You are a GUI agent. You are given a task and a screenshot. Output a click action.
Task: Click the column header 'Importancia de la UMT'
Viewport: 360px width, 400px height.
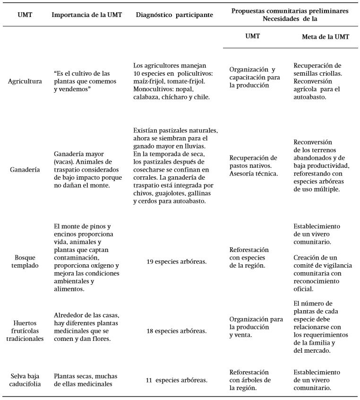point(87,15)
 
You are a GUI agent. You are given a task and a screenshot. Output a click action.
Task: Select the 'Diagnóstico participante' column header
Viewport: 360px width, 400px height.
point(174,15)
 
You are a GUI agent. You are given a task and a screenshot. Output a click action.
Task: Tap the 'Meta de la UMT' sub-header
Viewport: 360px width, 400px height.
point(325,36)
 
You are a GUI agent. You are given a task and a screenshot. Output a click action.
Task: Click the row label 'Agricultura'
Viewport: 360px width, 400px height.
point(25,81)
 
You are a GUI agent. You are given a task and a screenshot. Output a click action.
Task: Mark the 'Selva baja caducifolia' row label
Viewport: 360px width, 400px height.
point(25,380)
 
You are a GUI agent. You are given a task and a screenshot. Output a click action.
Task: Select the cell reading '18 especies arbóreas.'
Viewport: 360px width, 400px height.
point(174,330)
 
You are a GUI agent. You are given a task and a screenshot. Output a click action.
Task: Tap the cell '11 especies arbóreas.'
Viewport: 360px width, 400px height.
point(174,380)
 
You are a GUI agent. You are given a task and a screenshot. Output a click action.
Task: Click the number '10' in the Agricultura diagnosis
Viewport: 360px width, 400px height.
point(138,74)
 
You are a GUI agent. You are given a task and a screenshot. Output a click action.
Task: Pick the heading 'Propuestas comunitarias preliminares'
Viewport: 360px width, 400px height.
point(290,10)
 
